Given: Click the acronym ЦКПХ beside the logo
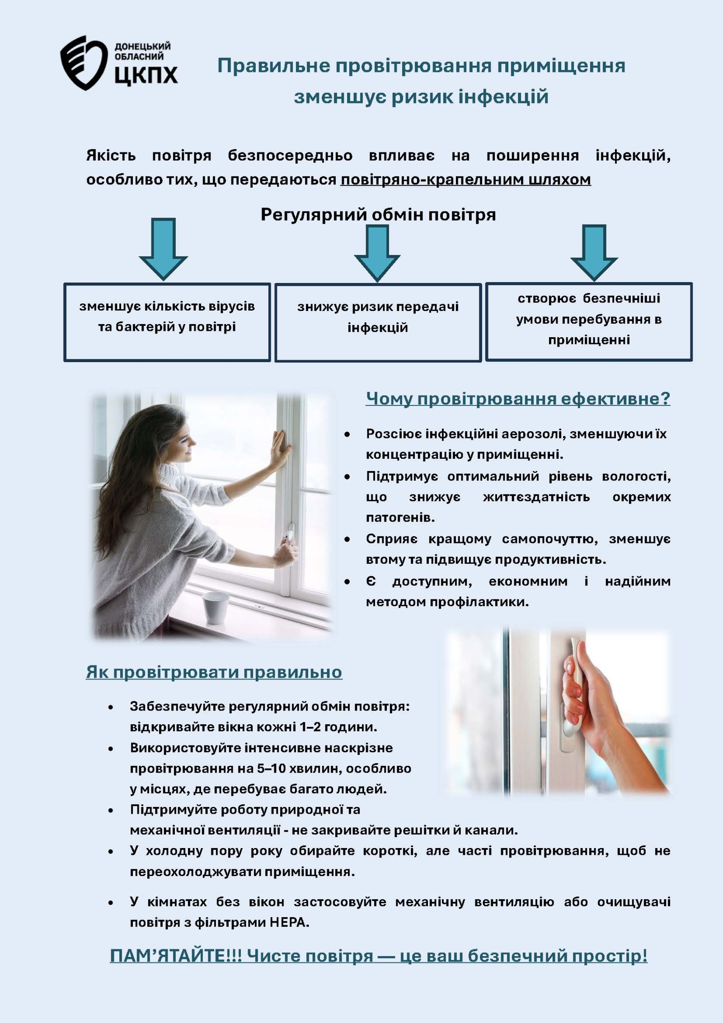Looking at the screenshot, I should coord(146,75).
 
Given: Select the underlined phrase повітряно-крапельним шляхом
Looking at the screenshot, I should coord(465,180).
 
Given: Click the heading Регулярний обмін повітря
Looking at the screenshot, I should coord(378,214).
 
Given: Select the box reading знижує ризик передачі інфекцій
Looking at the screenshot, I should coord(378,322).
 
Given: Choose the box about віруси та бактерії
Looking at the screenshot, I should coord(167,322).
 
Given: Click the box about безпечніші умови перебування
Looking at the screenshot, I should coord(589,321).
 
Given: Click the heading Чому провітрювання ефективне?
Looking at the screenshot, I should coord(518,399).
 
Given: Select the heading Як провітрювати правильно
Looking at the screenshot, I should coord(214,672).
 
